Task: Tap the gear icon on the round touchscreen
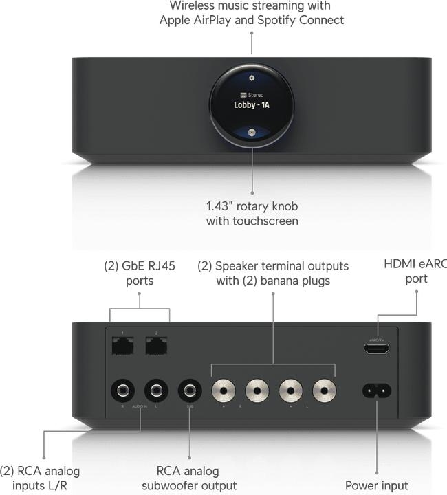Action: tap(252, 78)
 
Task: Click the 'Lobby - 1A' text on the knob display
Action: tap(252, 105)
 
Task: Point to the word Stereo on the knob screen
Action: tap(256, 94)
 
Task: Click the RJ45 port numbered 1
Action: tap(122, 347)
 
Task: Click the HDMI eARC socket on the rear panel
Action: tap(377, 349)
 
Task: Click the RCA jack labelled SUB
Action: tap(190, 391)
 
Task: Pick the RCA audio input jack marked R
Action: tap(123, 391)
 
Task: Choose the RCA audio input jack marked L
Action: tap(156, 391)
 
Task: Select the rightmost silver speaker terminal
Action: tap(325, 391)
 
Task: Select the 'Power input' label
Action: tap(377, 485)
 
